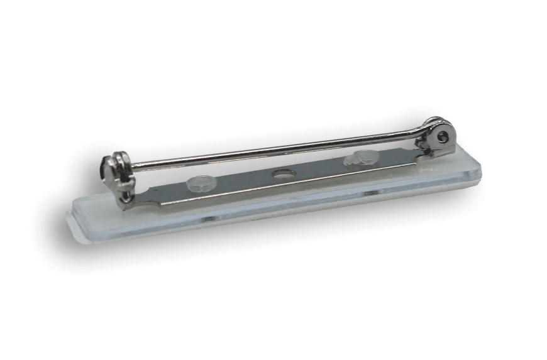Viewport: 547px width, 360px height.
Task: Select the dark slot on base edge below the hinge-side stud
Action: click(371, 192)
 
